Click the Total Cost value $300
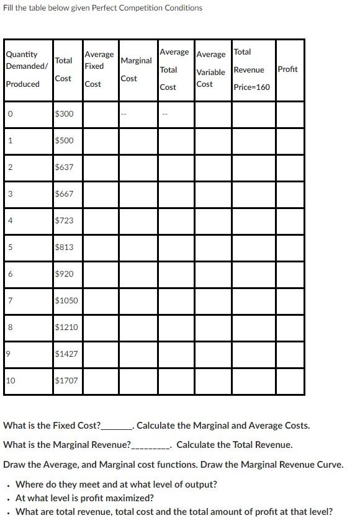[x=64, y=114]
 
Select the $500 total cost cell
[x=64, y=140]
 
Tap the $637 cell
[x=64, y=167]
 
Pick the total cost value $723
[x=64, y=220]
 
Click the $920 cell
[x=64, y=274]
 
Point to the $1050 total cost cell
[x=66, y=300]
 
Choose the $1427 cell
[x=66, y=354]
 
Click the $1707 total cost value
[x=66, y=380]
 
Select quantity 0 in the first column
[x=9, y=114]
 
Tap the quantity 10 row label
[x=11, y=380]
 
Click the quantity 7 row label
[x=9, y=300]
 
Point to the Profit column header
[x=288, y=69]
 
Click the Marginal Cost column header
[x=136, y=69]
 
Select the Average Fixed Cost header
[x=99, y=69]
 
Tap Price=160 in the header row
[x=252, y=87]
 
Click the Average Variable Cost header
[x=211, y=69]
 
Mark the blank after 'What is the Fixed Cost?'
[x=117, y=426]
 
